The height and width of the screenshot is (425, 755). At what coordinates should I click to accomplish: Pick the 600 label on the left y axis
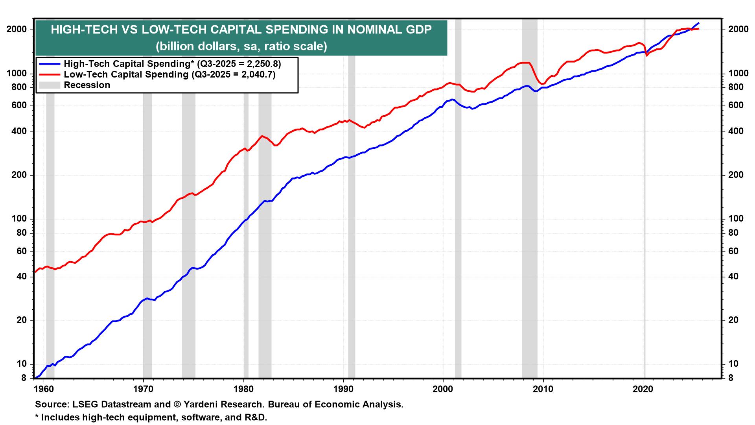(x=20, y=105)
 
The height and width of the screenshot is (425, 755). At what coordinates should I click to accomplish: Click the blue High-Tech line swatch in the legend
(x=49, y=64)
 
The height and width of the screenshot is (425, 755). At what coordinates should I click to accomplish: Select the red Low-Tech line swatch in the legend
(x=49, y=74)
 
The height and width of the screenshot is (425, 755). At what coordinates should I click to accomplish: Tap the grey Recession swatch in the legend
(x=49, y=85)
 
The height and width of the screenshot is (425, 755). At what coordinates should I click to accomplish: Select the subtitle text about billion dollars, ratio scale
(x=241, y=46)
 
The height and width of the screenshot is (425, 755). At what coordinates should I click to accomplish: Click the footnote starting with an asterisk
(x=151, y=418)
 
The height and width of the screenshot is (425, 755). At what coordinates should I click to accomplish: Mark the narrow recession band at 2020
(x=644, y=197)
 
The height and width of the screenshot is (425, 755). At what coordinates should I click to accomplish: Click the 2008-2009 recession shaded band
(x=530, y=197)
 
